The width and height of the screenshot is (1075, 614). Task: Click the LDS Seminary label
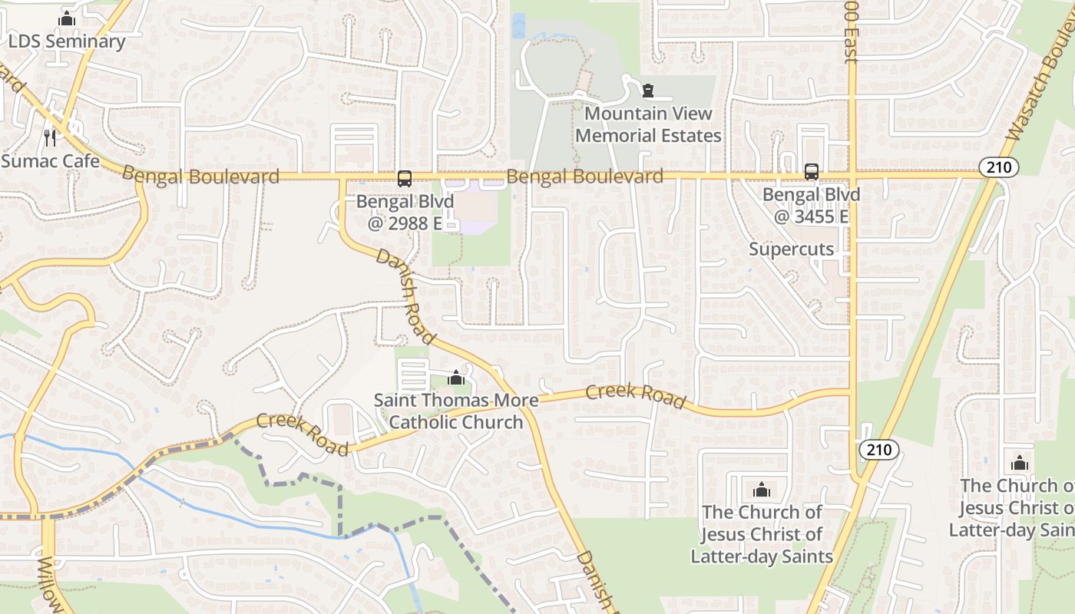pyautogui.click(x=67, y=41)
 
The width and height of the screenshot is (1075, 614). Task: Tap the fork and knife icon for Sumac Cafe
pyautogui.click(x=50, y=137)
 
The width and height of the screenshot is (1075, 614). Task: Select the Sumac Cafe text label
pyautogui.click(x=50, y=161)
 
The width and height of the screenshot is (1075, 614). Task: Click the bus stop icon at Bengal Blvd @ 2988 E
pyautogui.click(x=405, y=179)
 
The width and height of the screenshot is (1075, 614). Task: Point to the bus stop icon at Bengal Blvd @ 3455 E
pyautogui.click(x=812, y=172)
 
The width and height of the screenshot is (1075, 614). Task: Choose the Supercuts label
pyautogui.click(x=791, y=249)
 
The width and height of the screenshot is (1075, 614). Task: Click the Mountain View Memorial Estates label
pyautogui.click(x=648, y=124)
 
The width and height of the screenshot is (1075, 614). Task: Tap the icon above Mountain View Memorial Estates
pyautogui.click(x=649, y=91)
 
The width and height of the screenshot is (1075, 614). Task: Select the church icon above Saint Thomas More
pyautogui.click(x=456, y=378)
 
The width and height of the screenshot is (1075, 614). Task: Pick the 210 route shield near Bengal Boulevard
pyautogui.click(x=999, y=167)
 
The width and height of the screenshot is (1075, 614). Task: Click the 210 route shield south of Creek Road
pyautogui.click(x=878, y=450)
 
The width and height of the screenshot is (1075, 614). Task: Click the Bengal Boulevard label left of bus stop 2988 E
pyautogui.click(x=200, y=176)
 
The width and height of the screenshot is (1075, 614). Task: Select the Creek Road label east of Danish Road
pyautogui.click(x=635, y=395)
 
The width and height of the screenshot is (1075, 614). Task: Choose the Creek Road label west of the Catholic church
pyautogui.click(x=303, y=434)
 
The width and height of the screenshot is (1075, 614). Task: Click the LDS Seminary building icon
pyautogui.click(x=67, y=19)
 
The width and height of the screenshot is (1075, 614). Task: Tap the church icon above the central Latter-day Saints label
pyautogui.click(x=762, y=490)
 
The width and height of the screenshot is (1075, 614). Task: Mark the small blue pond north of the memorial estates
pyautogui.click(x=518, y=27)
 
